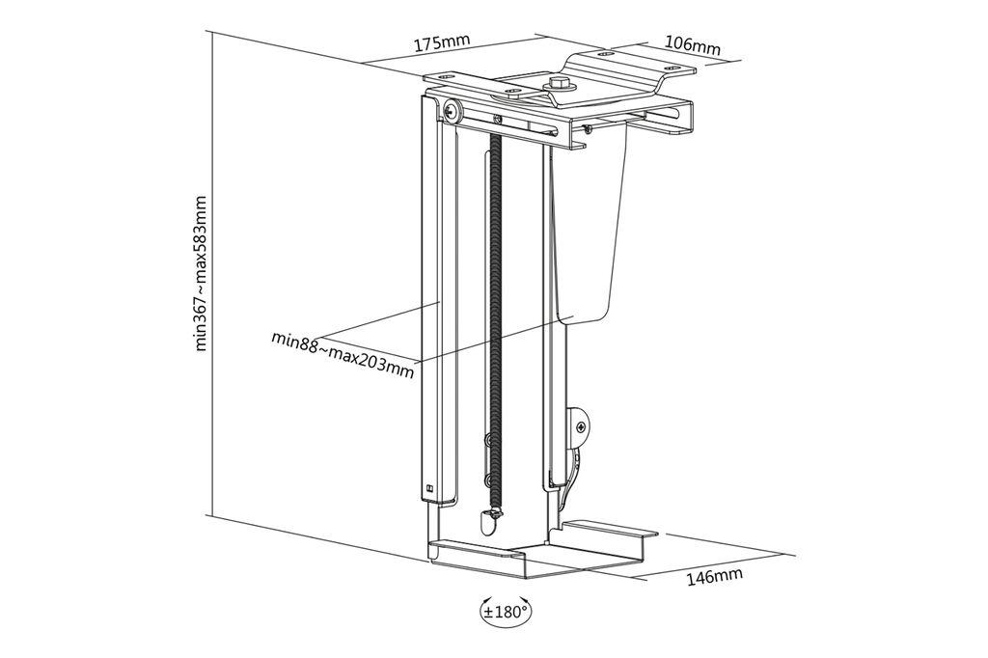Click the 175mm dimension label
[x=442, y=43]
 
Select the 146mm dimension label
[x=714, y=577]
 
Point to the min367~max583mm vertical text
[x=201, y=274]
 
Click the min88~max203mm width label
[x=343, y=355]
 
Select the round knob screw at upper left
[x=453, y=110]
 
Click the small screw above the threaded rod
[x=497, y=120]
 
